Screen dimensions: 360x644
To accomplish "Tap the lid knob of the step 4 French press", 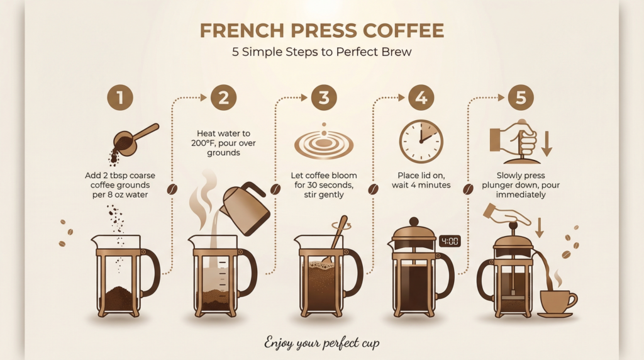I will [x=413, y=222].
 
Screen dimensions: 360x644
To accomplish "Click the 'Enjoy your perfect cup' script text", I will [x=321, y=344].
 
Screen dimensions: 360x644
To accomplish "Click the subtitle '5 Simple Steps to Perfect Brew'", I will [x=321, y=52].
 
